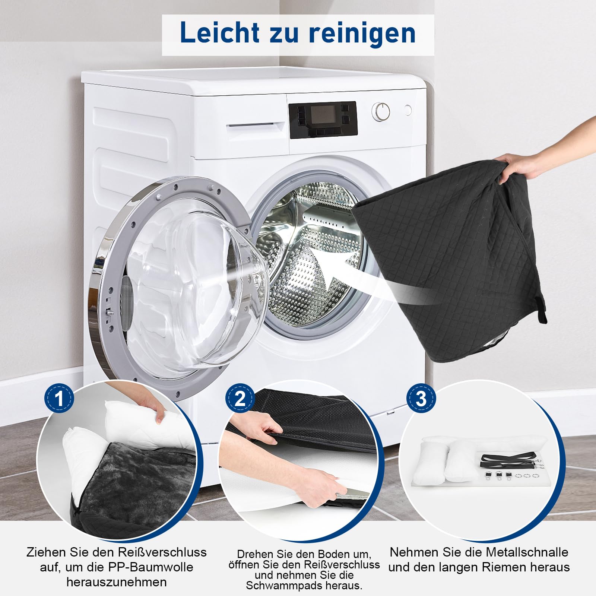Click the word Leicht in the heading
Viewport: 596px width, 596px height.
pos(220,32)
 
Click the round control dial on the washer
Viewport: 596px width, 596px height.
pos(381,111)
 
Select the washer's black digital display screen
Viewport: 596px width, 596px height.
pos(323,115)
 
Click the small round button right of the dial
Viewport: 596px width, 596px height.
pos(408,110)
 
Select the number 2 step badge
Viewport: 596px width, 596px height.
pos(240,398)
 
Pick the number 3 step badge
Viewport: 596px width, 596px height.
pos(421,398)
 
